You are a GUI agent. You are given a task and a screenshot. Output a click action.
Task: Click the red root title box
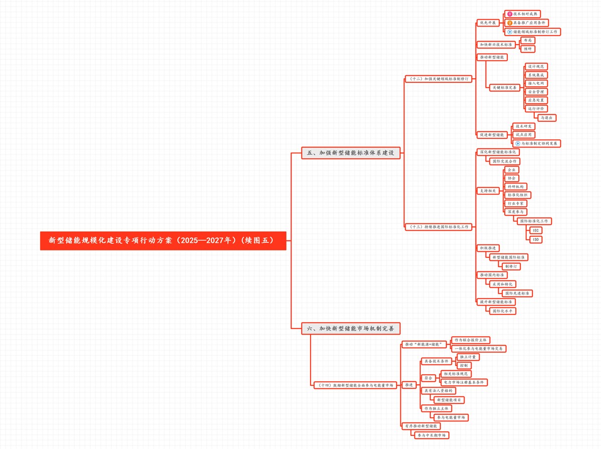tap(163, 240)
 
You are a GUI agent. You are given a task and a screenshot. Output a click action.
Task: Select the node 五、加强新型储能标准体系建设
tap(351, 153)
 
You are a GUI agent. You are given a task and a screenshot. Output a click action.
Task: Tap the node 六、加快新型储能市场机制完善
tap(351, 329)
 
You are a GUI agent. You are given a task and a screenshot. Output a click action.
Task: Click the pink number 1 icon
tap(510, 14)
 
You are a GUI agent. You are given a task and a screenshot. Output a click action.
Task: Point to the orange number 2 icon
tap(510, 23)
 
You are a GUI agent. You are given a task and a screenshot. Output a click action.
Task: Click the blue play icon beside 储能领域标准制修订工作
tap(510, 32)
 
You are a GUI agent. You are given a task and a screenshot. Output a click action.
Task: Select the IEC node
tap(536, 230)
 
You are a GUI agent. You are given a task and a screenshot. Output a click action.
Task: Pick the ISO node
tap(536, 239)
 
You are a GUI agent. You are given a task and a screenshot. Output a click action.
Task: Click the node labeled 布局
tap(528, 40)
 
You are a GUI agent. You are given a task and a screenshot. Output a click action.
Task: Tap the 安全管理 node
tap(536, 92)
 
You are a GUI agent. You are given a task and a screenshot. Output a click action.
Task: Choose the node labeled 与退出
tap(546, 117)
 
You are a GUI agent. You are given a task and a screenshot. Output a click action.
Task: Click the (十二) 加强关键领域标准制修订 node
tap(439, 79)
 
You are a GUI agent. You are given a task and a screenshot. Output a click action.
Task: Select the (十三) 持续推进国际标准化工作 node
tap(439, 227)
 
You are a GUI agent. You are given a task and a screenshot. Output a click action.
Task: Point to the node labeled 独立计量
tap(468, 357)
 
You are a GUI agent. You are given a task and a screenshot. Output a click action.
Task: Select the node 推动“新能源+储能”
tap(424, 344)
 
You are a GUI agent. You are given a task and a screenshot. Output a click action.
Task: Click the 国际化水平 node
tap(502, 311)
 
